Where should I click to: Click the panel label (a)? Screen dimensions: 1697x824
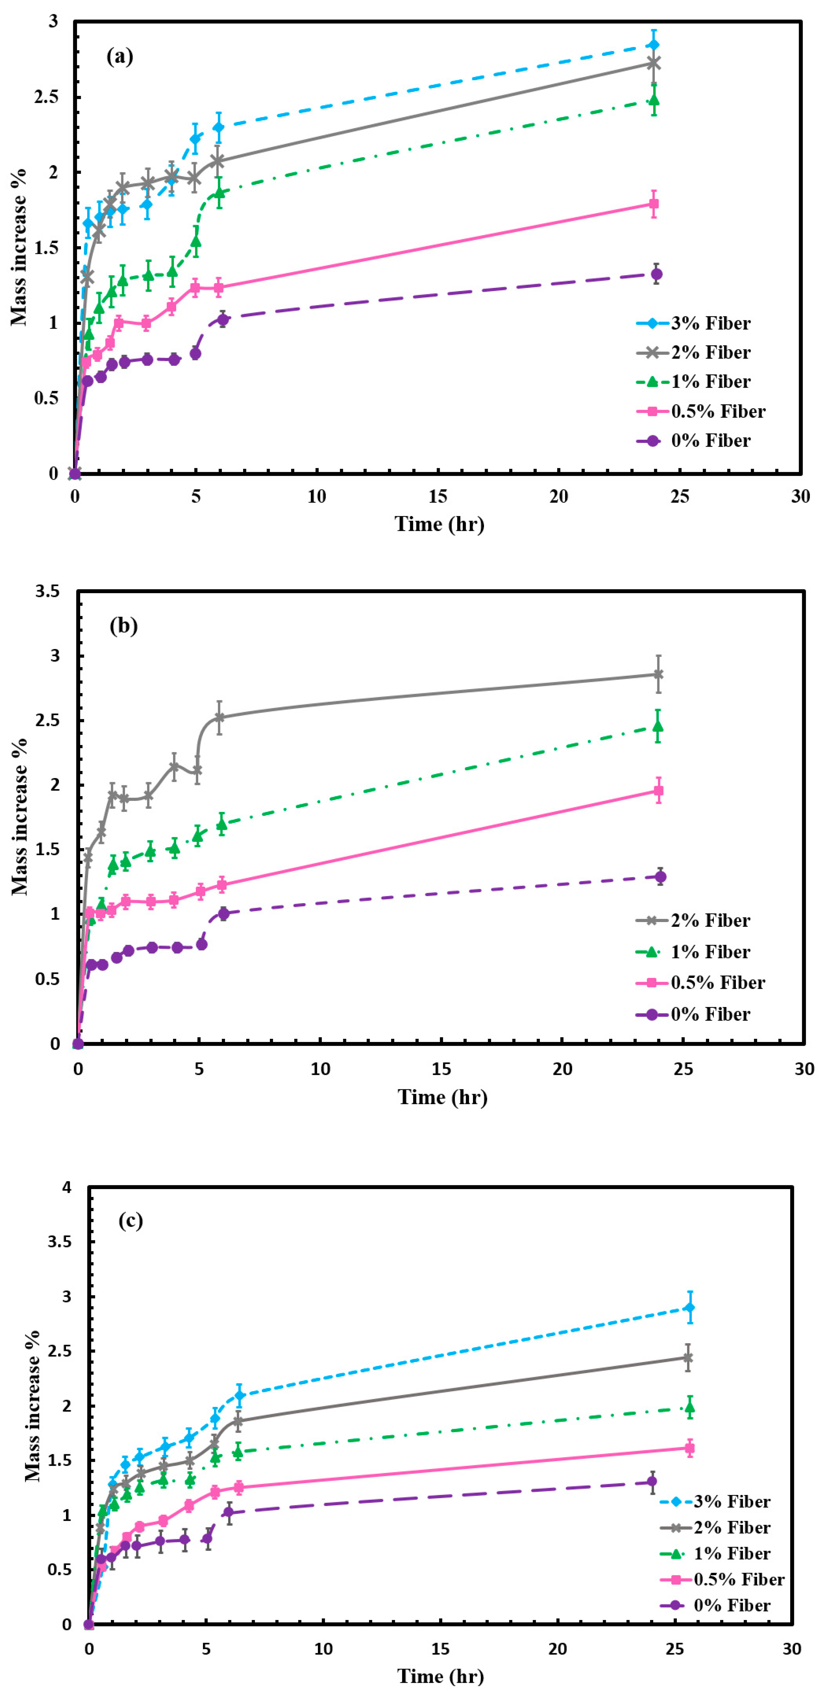click(x=120, y=57)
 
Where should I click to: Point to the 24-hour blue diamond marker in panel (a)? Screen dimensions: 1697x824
click(x=654, y=45)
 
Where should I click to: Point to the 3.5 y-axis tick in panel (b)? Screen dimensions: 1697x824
click(x=47, y=592)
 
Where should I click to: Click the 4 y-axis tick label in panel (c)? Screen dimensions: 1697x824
click(x=67, y=1188)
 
